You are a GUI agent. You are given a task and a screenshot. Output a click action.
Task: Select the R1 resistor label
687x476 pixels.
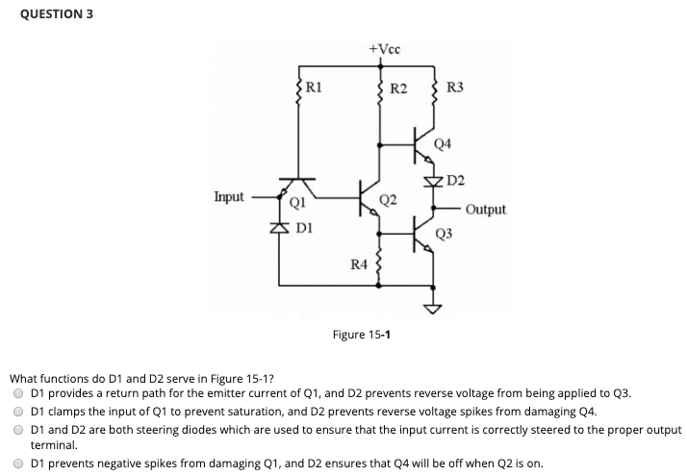point(313,87)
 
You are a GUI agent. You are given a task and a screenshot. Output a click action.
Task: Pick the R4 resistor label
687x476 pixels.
point(357,263)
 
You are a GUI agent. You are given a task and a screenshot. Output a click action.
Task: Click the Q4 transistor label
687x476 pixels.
point(443,143)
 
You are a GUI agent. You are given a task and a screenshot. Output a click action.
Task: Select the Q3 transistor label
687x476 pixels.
point(444,234)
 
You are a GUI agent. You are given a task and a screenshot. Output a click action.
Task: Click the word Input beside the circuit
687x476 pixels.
point(229,196)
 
